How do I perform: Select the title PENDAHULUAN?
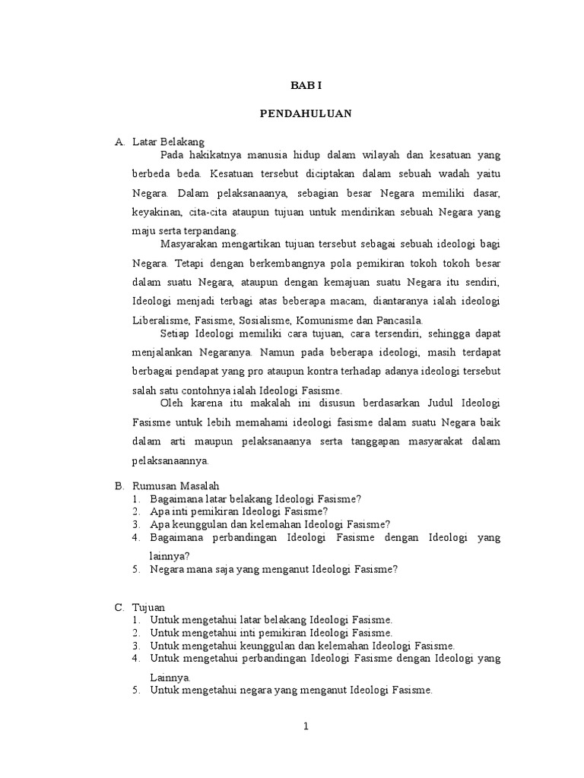point(305,113)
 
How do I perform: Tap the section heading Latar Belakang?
point(168,141)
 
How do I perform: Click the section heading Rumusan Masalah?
point(176,485)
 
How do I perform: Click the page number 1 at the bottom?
point(306,726)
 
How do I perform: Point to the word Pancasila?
point(403,319)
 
